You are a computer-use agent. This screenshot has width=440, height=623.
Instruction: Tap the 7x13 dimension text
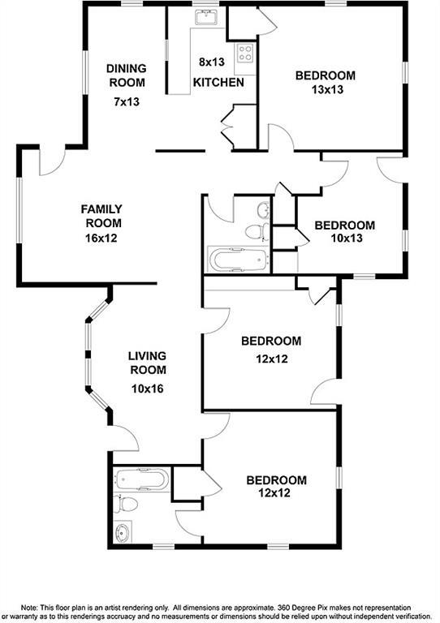126,102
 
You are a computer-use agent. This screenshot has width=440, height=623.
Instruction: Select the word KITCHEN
218,83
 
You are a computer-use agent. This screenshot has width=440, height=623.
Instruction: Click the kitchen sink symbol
204,17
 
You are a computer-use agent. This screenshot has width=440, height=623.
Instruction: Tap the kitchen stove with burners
244,54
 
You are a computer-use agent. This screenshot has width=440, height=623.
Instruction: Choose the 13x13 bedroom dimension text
325,91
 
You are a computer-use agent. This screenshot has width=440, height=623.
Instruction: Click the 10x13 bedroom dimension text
344,240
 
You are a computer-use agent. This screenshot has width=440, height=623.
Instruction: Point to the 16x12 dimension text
101,238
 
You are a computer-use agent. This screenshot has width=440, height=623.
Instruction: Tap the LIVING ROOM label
146,363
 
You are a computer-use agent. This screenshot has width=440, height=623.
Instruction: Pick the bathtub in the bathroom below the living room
141,479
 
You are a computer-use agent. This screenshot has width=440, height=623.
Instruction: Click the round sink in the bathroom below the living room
123,532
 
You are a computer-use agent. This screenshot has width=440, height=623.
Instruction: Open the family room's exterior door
50,160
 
